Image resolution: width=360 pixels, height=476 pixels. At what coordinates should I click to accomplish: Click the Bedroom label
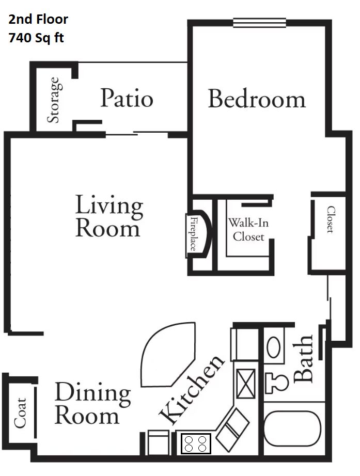coord(257,99)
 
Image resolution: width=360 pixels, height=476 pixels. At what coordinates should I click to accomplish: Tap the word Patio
coord(127,98)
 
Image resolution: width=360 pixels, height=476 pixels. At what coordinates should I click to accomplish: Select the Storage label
coord(54,100)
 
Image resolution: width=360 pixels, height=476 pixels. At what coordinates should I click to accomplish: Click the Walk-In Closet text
coord(248,230)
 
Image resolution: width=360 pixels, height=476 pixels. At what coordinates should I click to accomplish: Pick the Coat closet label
coord(20,413)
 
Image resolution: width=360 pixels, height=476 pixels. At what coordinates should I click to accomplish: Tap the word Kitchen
coord(192,389)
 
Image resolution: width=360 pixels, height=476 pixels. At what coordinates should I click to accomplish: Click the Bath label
coord(303,358)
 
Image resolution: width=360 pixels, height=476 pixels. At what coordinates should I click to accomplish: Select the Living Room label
coord(109,216)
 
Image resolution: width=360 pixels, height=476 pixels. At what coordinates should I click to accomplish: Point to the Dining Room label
coord(92,403)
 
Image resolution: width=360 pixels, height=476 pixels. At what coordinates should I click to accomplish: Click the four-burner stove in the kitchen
coord(196,443)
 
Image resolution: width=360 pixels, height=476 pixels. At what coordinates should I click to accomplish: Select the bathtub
coord(292,429)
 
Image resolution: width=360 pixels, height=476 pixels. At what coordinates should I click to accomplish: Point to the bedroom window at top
coord(259,23)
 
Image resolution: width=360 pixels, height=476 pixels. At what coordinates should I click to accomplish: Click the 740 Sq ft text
coord(36,38)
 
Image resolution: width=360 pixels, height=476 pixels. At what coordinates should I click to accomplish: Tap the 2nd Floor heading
coord(38,20)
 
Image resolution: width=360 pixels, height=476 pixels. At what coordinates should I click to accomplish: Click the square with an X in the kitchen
coord(246,384)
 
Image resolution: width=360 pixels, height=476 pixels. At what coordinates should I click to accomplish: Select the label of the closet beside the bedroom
coord(331,219)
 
